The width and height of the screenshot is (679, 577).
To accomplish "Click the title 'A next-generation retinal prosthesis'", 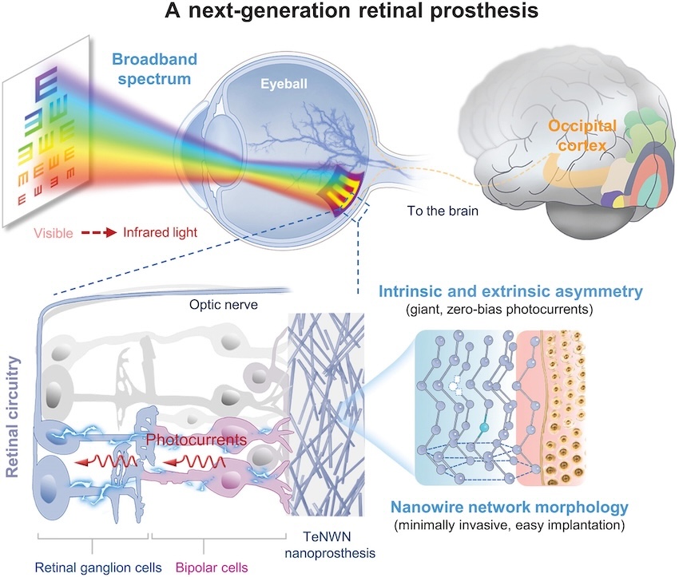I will point(339,14).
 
